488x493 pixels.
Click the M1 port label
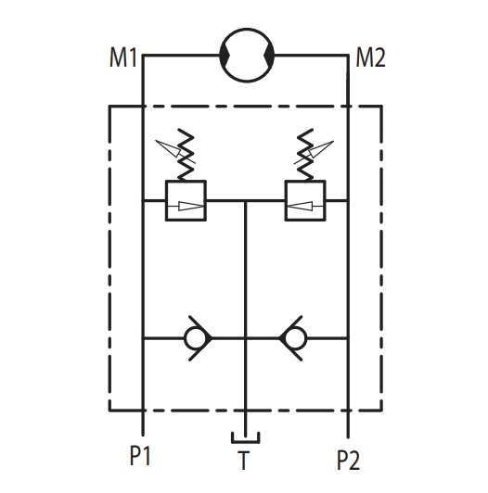click(123, 57)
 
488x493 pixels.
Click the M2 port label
click(370, 57)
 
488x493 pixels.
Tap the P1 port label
click(140, 456)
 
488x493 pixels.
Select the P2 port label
click(348, 461)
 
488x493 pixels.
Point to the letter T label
click(243, 461)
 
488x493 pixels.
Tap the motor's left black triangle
click(224, 56)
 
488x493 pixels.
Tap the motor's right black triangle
click(270, 56)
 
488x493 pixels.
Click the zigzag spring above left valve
click(186, 154)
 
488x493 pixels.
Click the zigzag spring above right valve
click(305, 154)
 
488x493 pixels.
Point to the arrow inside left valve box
click(186, 207)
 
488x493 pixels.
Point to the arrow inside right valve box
click(305, 207)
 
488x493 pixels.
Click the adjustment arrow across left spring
click(175, 152)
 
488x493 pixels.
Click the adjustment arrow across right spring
click(315, 152)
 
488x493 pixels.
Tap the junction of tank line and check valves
click(246, 338)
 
